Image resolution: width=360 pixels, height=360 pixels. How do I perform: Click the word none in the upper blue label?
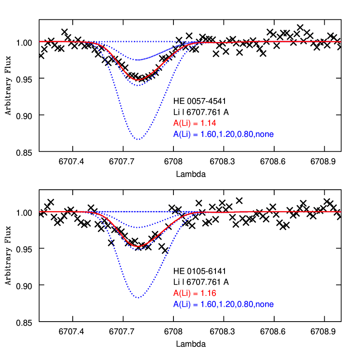tap(264, 135)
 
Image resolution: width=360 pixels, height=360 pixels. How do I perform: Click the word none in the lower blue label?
tap(264, 304)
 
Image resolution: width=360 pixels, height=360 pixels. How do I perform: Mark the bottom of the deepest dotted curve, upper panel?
tap(138, 139)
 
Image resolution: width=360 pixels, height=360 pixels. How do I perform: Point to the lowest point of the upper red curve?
tap(138, 80)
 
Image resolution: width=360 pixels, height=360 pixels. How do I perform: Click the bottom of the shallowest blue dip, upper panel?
tap(138, 60)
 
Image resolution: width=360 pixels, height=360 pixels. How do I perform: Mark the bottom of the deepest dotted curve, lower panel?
tap(138, 298)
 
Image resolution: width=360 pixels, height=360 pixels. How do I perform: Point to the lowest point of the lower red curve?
tap(138, 247)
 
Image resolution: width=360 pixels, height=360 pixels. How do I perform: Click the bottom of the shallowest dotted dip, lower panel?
tap(138, 228)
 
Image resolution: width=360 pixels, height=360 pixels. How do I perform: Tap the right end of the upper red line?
tap(341, 42)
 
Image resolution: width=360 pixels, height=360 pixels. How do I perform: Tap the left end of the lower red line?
tap(40, 211)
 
